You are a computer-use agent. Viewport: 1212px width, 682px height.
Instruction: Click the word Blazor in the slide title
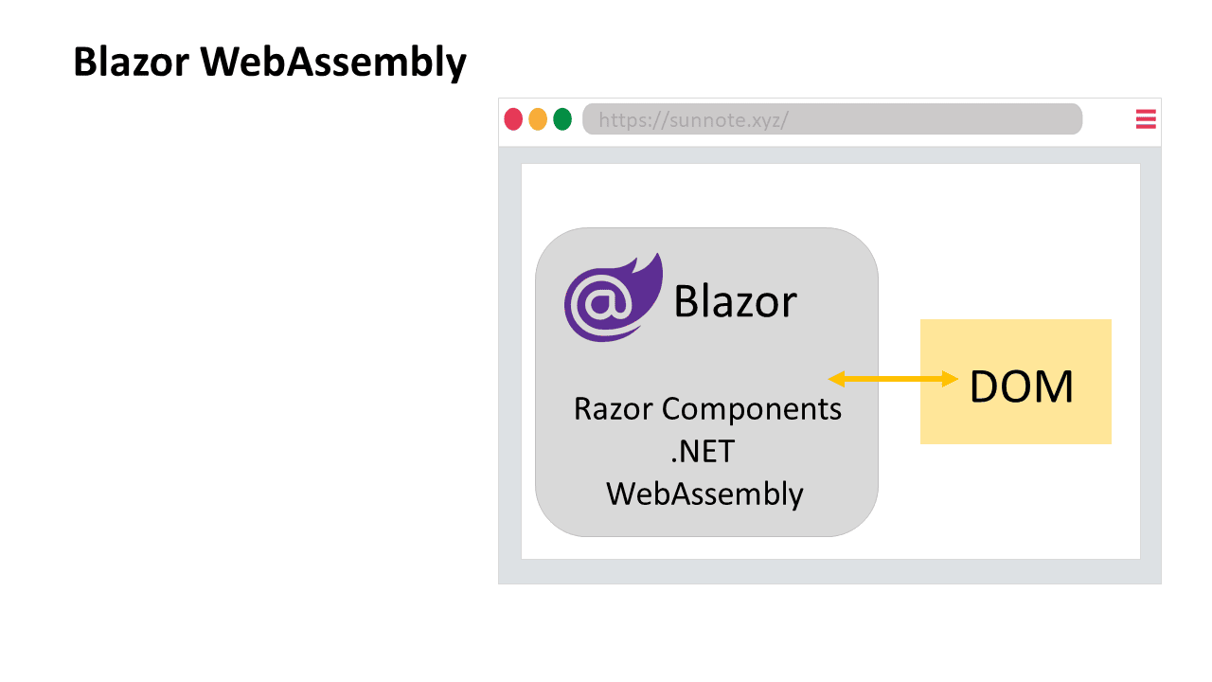[132, 62]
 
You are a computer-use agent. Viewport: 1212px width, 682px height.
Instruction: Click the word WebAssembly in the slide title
[333, 63]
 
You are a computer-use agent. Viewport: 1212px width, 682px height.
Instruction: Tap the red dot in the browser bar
[513, 119]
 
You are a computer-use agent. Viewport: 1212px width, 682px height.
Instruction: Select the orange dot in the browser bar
[538, 119]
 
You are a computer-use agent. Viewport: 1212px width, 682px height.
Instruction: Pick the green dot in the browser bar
[562, 119]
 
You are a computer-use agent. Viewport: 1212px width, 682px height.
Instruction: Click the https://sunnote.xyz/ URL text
[694, 119]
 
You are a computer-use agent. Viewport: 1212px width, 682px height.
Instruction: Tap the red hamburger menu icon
[1146, 119]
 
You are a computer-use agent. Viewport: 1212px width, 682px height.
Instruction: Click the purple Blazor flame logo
[613, 297]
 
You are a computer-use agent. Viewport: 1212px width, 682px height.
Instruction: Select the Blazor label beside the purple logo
[736, 301]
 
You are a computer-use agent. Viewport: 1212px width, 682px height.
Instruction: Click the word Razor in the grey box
[613, 408]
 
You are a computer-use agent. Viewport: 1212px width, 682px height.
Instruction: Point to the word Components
[752, 409]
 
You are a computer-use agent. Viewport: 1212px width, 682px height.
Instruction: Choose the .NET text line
[703, 452]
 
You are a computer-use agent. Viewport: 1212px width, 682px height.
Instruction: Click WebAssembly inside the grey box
[704, 494]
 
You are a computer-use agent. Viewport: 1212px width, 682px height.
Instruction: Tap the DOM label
[1021, 386]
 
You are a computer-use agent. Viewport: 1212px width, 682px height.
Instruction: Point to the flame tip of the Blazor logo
[660, 254]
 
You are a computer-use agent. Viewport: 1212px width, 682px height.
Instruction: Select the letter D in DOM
[984, 386]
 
